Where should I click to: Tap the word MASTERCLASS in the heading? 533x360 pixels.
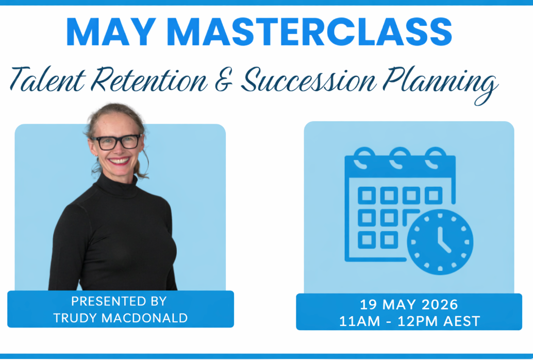click(309, 31)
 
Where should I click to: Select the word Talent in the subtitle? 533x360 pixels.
click(47, 79)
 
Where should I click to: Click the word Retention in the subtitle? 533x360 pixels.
click(149, 79)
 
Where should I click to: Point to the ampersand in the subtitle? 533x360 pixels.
click(224, 79)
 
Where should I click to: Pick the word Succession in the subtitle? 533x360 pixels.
click(309, 79)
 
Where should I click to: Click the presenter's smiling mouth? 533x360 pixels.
click(119, 160)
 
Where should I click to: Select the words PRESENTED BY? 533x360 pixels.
click(119, 301)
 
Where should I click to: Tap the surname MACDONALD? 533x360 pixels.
click(144, 318)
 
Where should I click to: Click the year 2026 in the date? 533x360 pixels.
click(440, 304)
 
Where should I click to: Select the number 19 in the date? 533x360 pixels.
click(369, 304)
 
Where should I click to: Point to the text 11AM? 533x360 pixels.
click(360, 321)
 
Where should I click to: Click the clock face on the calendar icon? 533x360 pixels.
click(440, 242)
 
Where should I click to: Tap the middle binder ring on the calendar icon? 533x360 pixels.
click(400, 158)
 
